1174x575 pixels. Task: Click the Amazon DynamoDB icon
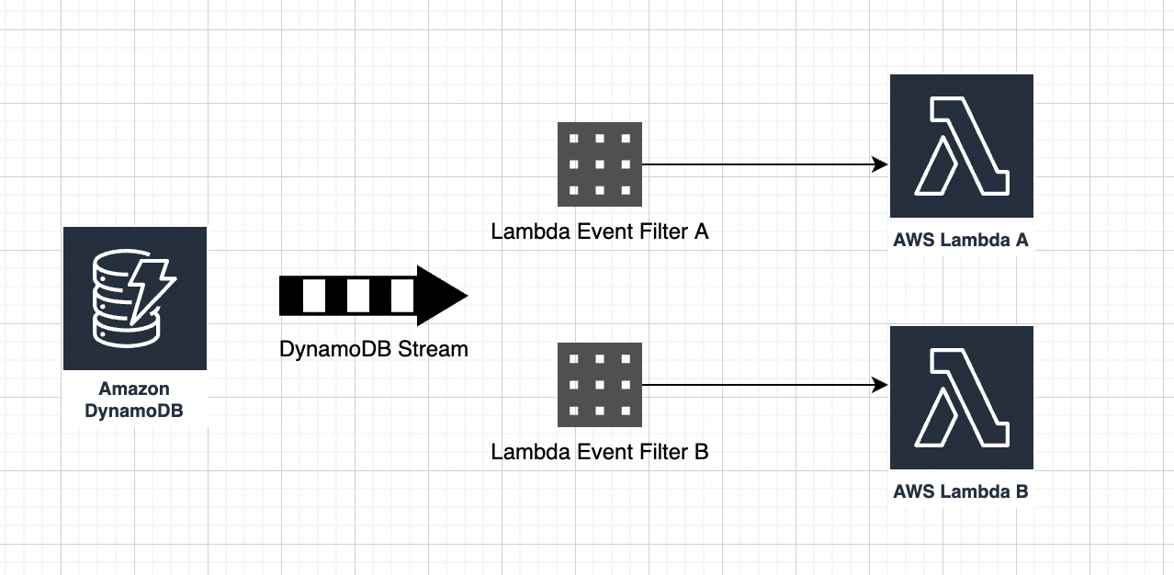pyautogui.click(x=135, y=299)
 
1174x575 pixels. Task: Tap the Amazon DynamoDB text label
pyautogui.click(x=134, y=400)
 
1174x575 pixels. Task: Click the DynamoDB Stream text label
pyautogui.click(x=374, y=349)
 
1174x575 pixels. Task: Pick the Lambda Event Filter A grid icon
pyautogui.click(x=599, y=164)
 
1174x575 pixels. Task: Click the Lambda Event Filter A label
pyautogui.click(x=599, y=231)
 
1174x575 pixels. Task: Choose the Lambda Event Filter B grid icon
pyautogui.click(x=599, y=385)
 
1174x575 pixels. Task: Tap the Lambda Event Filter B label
pyautogui.click(x=599, y=452)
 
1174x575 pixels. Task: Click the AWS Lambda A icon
pyautogui.click(x=961, y=146)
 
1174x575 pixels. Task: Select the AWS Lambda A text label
pyautogui.click(x=961, y=241)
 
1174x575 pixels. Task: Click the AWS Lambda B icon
pyautogui.click(x=961, y=397)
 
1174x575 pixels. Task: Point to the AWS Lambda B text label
pyautogui.click(x=961, y=491)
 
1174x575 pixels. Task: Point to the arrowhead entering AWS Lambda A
pyautogui.click(x=880, y=164)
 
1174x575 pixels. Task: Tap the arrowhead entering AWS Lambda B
pyautogui.click(x=880, y=385)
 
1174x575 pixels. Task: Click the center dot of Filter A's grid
pyautogui.click(x=599, y=164)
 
